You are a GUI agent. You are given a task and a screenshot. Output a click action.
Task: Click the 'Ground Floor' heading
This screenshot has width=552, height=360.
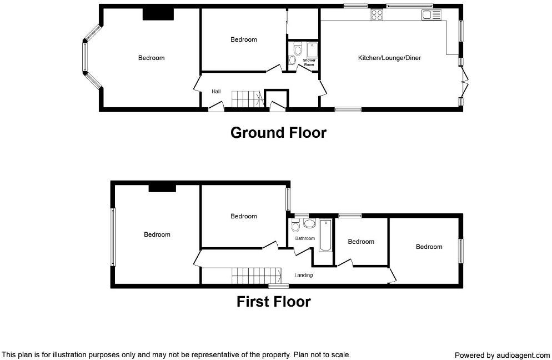pyautogui.click(x=278, y=133)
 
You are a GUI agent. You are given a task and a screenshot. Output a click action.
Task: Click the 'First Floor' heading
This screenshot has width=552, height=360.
pyautogui.click(x=274, y=302)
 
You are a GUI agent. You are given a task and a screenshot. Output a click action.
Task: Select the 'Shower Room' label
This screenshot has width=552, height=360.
pyautogui.click(x=309, y=62)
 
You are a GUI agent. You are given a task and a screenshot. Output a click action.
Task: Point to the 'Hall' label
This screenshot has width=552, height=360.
pyautogui.click(x=216, y=92)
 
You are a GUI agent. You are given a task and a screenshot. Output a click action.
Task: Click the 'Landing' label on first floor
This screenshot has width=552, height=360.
pyautogui.click(x=304, y=275)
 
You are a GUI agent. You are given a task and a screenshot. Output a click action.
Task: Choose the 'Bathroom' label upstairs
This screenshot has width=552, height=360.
pyautogui.click(x=305, y=238)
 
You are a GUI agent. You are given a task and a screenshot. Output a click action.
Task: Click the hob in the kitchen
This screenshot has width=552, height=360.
pyautogui.click(x=377, y=15)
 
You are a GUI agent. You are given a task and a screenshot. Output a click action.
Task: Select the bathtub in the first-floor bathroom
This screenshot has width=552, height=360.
pyautogui.click(x=325, y=236)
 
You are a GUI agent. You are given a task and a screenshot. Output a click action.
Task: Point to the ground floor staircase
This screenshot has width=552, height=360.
pyautogui.click(x=246, y=99)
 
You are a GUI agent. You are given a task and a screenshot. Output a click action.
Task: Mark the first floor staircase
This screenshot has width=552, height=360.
pyautogui.click(x=254, y=274)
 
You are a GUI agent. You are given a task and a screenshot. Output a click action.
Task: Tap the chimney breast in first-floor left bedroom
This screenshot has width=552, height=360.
pyautogui.click(x=162, y=188)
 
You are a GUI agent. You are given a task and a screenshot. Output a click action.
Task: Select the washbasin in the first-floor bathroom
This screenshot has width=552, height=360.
pyautogui.click(x=309, y=224)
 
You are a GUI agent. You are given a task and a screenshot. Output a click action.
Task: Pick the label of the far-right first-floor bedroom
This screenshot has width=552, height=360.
pyautogui.click(x=429, y=247)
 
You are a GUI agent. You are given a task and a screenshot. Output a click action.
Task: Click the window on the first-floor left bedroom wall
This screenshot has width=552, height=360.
pyautogui.click(x=113, y=237)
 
